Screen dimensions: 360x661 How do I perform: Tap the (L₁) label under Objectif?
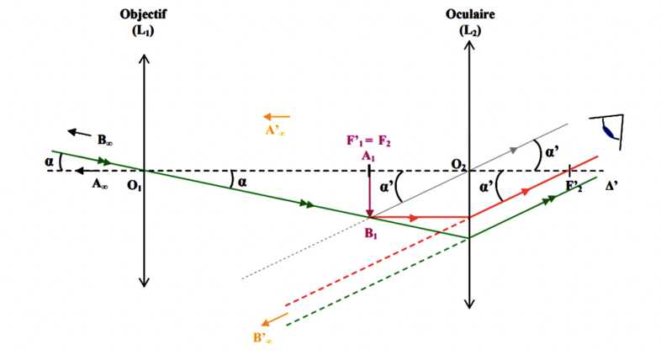click(144, 30)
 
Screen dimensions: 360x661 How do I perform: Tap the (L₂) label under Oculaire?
click(468, 30)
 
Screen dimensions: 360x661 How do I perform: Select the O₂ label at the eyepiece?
click(457, 162)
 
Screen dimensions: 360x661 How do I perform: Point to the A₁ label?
click(368, 156)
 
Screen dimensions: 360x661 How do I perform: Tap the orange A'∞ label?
click(274, 131)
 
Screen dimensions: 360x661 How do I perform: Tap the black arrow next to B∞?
click(81, 132)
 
